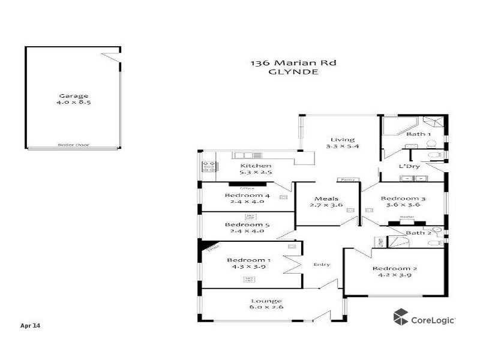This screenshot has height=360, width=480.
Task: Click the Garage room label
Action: pyautogui.click(x=73, y=95)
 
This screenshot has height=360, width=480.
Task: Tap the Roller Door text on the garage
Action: pyautogui.click(x=70, y=145)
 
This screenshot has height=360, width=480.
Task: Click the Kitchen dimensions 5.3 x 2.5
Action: pyautogui.click(x=256, y=173)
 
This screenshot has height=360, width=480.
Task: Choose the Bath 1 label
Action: pyautogui.click(x=418, y=134)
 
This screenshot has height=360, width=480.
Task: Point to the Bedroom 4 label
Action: pyautogui.click(x=247, y=195)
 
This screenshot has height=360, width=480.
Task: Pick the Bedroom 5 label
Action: pyautogui.click(x=247, y=225)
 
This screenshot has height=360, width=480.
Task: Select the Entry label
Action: pyautogui.click(x=322, y=265)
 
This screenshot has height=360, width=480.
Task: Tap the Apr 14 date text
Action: pyautogui.click(x=30, y=326)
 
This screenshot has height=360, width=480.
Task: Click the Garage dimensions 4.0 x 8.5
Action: pyautogui.click(x=73, y=103)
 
